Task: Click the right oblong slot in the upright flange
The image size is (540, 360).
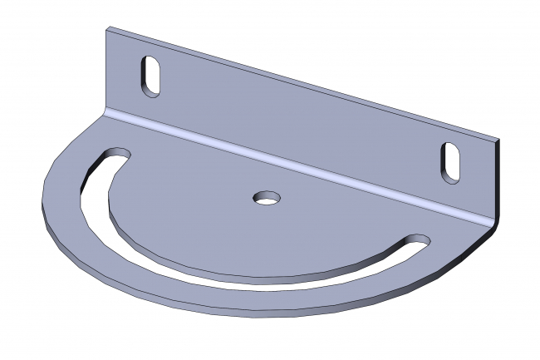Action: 451,160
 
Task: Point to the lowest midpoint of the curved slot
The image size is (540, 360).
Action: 249,279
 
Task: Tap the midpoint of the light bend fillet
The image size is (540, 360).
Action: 299,166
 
